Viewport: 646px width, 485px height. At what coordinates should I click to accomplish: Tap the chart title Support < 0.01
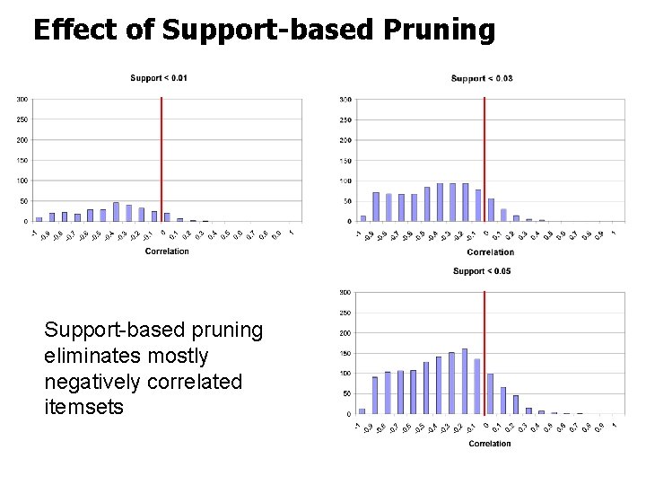coord(159,78)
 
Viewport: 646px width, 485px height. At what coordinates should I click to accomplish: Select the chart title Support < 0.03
coord(482,78)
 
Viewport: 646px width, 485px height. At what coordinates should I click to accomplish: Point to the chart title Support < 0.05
coord(482,271)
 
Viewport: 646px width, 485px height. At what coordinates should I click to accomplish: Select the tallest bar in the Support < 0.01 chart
coord(116,212)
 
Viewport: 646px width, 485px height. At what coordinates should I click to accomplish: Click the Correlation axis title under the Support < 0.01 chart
coord(167,251)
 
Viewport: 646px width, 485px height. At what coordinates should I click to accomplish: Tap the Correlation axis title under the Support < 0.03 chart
coord(491,252)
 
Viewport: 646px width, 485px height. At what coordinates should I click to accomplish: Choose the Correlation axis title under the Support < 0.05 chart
coord(490,444)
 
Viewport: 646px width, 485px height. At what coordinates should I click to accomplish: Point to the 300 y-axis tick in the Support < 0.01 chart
coord(22,99)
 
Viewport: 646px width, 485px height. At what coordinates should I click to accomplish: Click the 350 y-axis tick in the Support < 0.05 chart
coord(345,293)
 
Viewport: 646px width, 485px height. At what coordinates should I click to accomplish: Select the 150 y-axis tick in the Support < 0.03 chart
coord(345,160)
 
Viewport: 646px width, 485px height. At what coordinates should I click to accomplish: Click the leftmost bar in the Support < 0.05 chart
coord(362,411)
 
